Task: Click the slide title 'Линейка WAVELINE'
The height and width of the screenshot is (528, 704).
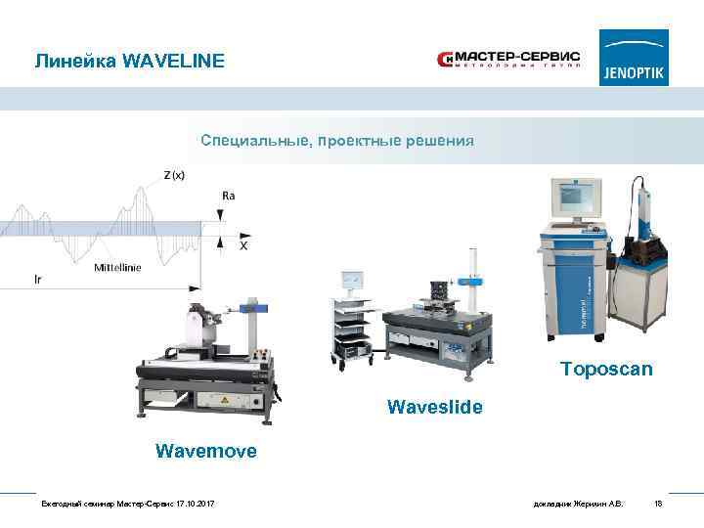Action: pyautogui.click(x=129, y=62)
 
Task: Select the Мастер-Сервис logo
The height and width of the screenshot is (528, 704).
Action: pyautogui.click(x=507, y=61)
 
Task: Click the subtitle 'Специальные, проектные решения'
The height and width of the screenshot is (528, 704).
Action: pyautogui.click(x=337, y=141)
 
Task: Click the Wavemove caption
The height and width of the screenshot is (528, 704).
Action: pyautogui.click(x=206, y=451)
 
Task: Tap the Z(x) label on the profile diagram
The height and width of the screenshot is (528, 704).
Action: pyautogui.click(x=174, y=176)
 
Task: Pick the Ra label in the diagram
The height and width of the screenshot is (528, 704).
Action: pyautogui.click(x=228, y=196)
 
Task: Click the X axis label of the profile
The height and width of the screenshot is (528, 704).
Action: pyautogui.click(x=243, y=246)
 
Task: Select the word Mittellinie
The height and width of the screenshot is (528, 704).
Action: pyautogui.click(x=117, y=268)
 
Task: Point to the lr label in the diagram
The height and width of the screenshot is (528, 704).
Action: pyautogui.click(x=37, y=279)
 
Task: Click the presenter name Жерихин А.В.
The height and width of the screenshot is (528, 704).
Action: pyautogui.click(x=603, y=504)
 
